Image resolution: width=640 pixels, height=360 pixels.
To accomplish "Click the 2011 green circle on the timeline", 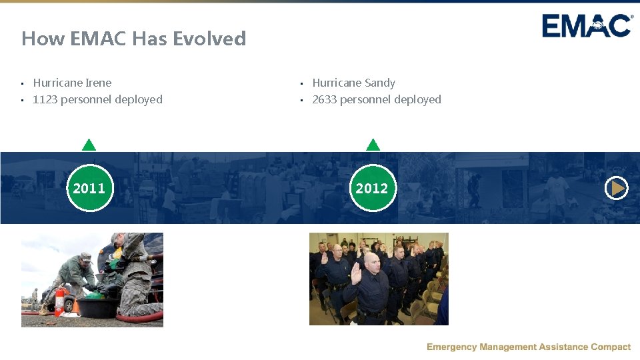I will [89, 188].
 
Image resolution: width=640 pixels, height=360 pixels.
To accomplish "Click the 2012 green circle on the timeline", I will [372, 188].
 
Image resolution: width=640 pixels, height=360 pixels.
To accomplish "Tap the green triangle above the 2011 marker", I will [89, 145].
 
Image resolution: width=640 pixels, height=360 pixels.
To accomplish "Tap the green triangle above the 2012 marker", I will [373, 145].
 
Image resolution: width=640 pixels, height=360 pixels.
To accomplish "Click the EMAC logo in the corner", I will [587, 27].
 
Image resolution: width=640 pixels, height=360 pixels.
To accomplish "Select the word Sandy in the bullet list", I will [380, 83].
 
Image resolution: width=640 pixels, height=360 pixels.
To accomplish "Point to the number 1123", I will [45, 99].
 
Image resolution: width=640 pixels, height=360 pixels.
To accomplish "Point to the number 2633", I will [325, 99].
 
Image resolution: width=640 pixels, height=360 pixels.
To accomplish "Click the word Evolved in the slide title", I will [209, 39].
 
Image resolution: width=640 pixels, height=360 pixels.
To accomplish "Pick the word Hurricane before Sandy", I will [337, 83].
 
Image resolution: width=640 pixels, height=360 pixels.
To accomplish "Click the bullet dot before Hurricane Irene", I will [22, 83].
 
